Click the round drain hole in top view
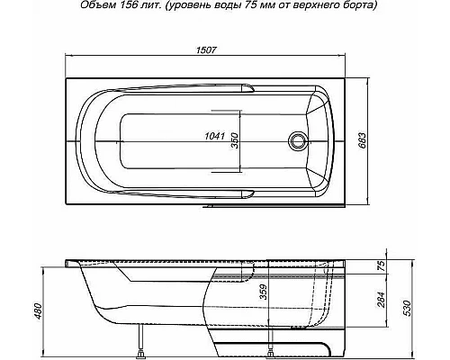pyautogui.click(x=297, y=141)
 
